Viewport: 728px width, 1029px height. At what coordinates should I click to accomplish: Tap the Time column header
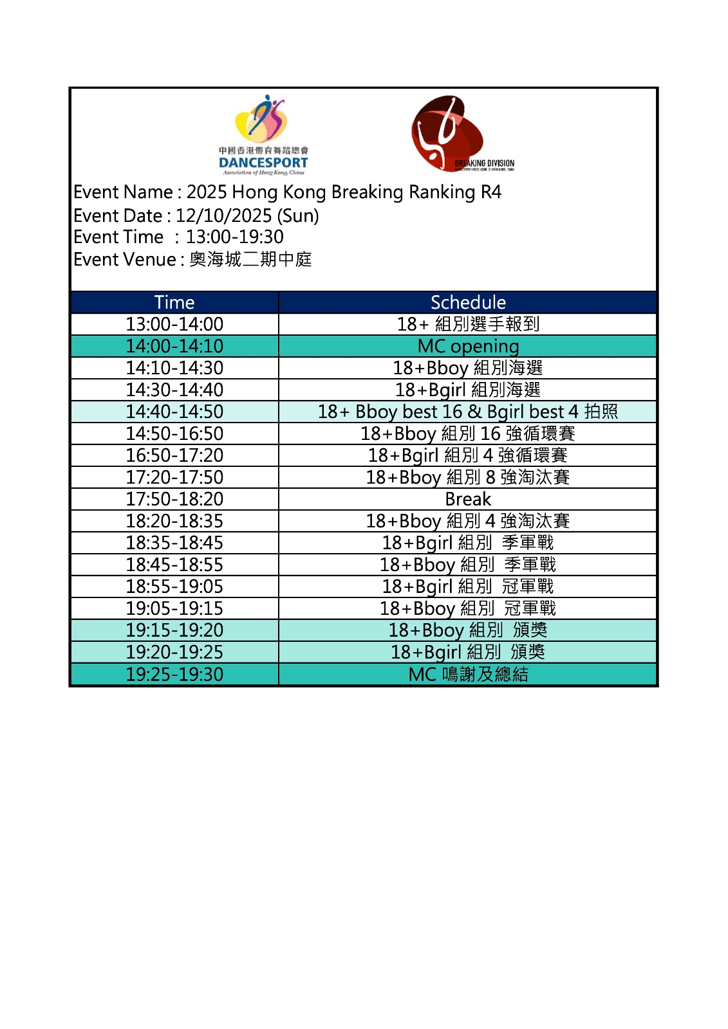(x=174, y=302)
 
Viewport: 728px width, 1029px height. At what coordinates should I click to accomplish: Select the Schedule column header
(x=468, y=302)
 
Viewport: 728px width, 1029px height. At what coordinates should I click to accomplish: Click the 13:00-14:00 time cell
(x=174, y=324)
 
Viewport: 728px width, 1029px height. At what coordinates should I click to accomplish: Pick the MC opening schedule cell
(x=468, y=346)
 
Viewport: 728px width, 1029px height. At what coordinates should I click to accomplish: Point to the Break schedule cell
(x=468, y=499)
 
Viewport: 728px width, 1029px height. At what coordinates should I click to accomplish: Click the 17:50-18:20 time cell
(x=174, y=499)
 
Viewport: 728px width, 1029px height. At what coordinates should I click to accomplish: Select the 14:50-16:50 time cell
(x=174, y=433)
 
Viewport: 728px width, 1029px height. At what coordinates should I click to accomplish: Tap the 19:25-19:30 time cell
(x=174, y=674)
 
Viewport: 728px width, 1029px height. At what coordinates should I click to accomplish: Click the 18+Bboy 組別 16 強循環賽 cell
(x=468, y=433)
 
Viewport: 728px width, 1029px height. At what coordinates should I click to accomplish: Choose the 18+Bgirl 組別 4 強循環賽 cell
(x=468, y=455)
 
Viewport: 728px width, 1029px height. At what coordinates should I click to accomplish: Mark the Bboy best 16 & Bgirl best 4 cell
(x=468, y=412)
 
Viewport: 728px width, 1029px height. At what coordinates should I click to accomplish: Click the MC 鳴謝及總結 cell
(x=468, y=674)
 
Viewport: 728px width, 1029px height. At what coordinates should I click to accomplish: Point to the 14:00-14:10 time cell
(x=174, y=346)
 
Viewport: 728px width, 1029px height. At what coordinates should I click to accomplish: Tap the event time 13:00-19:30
(x=234, y=237)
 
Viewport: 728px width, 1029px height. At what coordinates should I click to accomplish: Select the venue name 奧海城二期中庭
(x=250, y=259)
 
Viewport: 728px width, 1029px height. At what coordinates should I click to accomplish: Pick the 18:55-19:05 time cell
(x=174, y=587)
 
